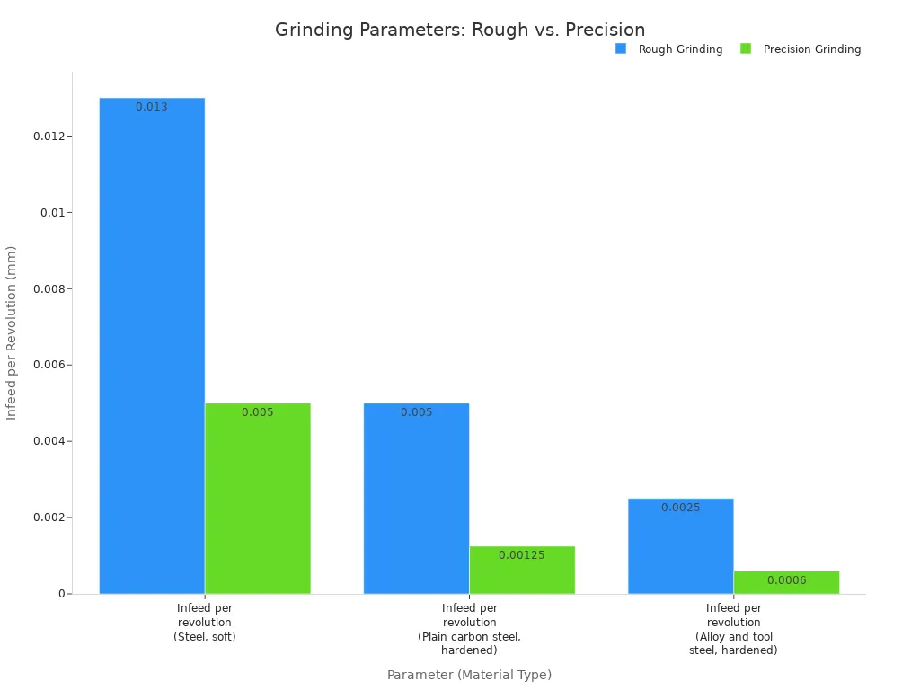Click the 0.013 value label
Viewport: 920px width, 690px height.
pos(152,107)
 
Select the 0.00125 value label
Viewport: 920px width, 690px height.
pos(522,555)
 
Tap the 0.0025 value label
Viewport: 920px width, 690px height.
pos(680,508)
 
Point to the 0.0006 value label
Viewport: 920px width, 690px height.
pos(786,580)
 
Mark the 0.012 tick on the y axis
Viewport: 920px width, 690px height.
pos(49,137)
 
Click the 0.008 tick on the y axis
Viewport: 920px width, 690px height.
pos(49,289)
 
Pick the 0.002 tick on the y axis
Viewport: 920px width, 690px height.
pos(49,517)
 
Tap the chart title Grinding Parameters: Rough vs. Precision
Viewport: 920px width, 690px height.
pos(460,30)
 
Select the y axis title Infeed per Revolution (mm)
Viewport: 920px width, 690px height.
pos(12,332)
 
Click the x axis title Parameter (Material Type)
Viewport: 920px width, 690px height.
pos(469,675)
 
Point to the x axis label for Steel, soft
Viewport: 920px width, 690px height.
pos(205,622)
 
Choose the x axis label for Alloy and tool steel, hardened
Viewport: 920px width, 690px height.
pos(733,629)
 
